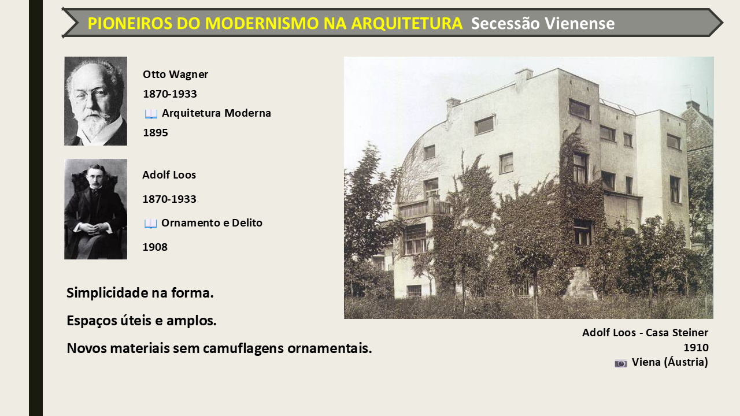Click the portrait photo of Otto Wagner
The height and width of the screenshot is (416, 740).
95,101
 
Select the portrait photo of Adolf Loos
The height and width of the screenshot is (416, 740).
95,209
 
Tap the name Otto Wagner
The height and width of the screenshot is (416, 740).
175,75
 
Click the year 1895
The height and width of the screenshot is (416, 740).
156,132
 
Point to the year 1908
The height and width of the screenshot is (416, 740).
155,247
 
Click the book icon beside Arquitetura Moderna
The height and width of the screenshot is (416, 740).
151,114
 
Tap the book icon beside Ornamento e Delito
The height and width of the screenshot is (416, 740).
151,224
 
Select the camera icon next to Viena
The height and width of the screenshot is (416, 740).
621,363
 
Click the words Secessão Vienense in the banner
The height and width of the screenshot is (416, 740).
543,24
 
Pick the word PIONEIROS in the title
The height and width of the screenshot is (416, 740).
130,24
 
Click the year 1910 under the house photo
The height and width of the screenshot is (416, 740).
696,347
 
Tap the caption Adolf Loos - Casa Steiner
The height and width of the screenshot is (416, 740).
645,332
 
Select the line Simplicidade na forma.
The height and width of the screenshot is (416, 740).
140,293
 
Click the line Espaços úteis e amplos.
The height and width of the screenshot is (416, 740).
142,321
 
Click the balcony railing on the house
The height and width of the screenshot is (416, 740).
424,207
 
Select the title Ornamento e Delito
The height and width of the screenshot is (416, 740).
212,223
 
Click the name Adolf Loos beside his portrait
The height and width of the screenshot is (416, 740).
169,174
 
